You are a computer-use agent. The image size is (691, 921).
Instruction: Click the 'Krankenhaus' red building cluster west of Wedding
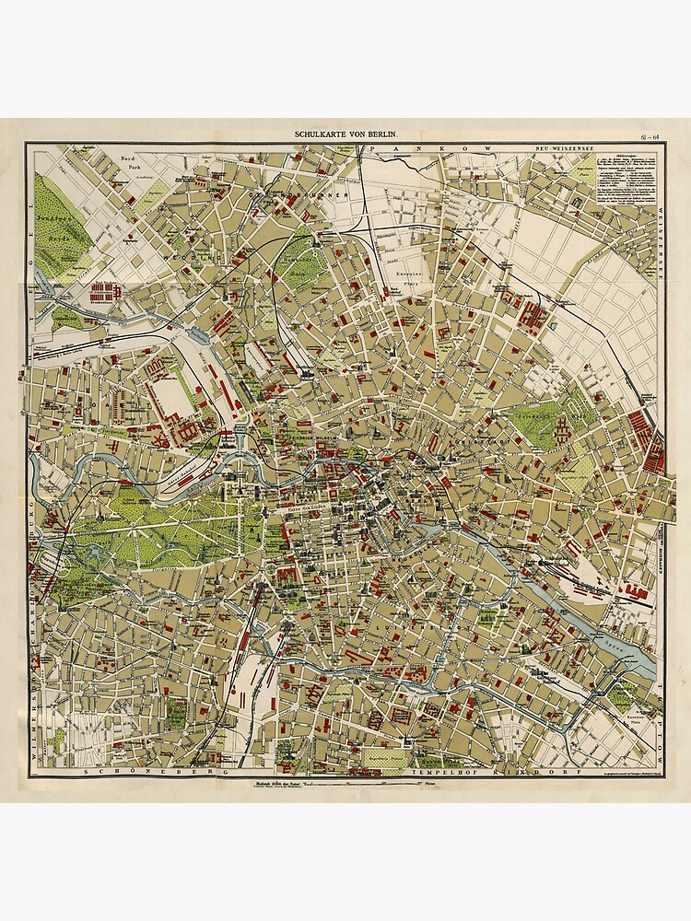(x=104, y=293)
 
